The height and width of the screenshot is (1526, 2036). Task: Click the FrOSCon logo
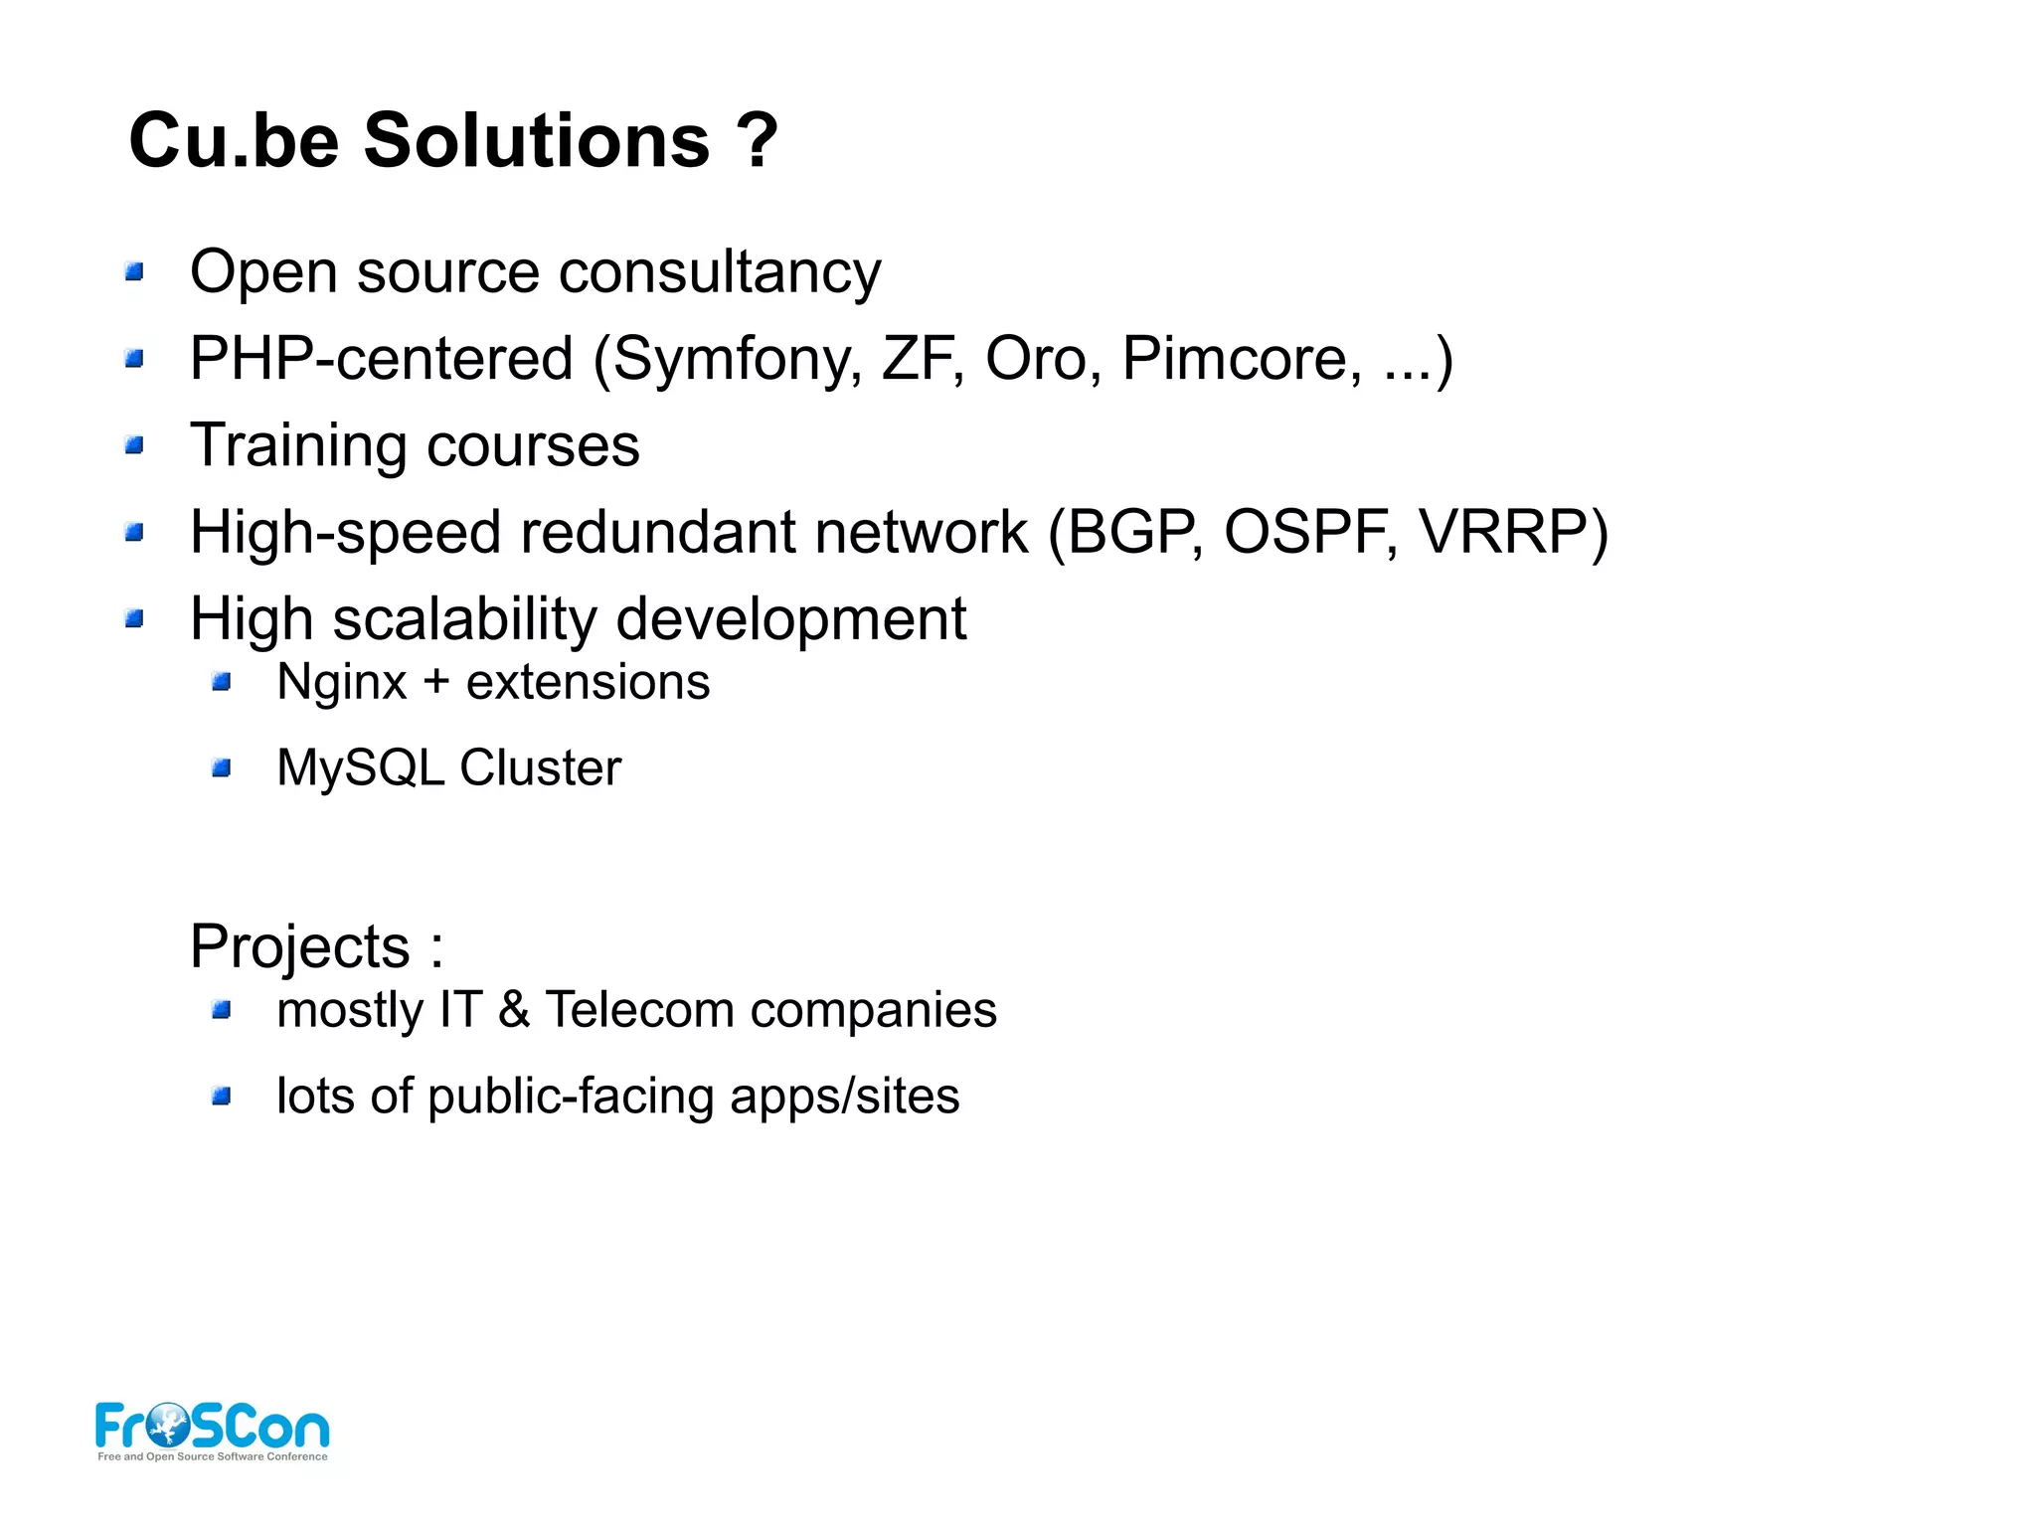point(212,1430)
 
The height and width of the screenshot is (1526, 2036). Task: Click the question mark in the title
point(757,140)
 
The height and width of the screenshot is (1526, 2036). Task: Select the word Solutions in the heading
point(536,140)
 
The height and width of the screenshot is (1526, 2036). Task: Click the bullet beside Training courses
point(135,446)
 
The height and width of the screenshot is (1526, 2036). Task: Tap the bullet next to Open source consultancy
point(135,271)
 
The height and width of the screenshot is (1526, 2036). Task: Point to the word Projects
point(299,947)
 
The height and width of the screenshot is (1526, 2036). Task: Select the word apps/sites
point(844,1098)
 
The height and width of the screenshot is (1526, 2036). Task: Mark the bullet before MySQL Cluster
point(222,768)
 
